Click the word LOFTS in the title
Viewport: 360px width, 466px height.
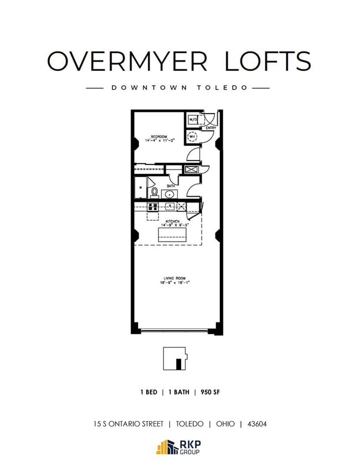[x=268, y=60]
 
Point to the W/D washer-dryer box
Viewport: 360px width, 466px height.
[x=193, y=119]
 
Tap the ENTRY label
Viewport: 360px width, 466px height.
[x=211, y=129]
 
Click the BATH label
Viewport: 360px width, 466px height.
[x=171, y=186]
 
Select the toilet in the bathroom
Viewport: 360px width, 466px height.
[x=155, y=192]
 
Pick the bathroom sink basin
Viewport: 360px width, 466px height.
[x=168, y=194]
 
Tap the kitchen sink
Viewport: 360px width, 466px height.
[x=170, y=206]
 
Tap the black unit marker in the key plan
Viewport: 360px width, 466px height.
[x=179, y=364]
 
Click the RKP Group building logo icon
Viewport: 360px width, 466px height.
[x=166, y=447]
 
